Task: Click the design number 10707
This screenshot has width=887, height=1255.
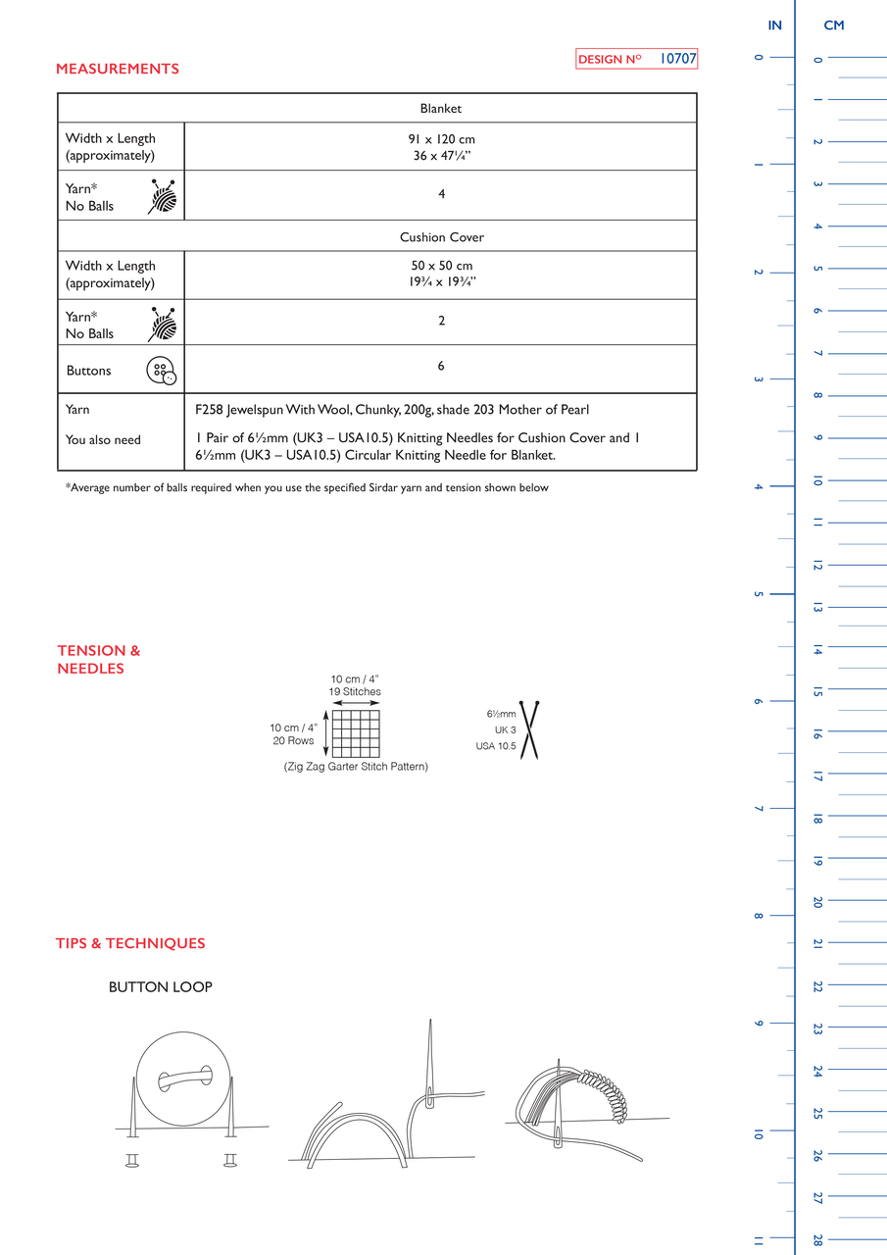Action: [677, 58]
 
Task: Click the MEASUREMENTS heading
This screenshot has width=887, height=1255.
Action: [118, 69]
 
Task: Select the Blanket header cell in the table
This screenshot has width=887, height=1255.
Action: [441, 108]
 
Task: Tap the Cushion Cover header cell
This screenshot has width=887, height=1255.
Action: [441, 237]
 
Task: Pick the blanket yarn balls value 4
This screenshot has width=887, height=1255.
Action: [441, 194]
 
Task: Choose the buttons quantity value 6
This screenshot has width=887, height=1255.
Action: [441, 366]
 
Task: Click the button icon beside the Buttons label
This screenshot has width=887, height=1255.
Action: [162, 371]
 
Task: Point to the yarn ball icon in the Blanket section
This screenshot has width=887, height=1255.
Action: [163, 197]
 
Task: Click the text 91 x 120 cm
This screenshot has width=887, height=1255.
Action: [441, 139]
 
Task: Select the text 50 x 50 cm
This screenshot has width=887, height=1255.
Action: [441, 266]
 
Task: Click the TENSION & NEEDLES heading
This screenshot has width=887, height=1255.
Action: [99, 660]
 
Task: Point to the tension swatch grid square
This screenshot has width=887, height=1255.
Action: [356, 734]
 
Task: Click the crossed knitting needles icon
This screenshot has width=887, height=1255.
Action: [529, 730]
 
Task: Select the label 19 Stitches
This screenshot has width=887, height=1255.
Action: [355, 692]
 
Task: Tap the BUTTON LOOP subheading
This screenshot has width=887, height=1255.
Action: [160, 986]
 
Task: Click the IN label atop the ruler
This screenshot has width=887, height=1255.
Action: [774, 25]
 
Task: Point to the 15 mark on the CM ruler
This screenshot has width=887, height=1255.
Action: [817, 692]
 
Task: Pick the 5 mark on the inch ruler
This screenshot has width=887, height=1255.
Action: [759, 594]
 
